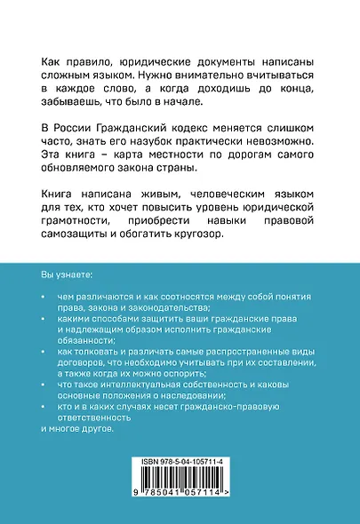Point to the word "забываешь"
[75, 107]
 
